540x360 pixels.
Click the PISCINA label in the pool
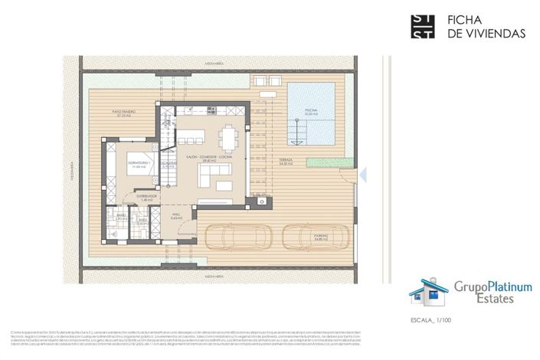(310, 112)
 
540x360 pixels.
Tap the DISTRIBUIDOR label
(147, 197)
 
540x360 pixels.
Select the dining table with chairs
(228, 138)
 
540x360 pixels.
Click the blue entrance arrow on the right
(364, 175)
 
